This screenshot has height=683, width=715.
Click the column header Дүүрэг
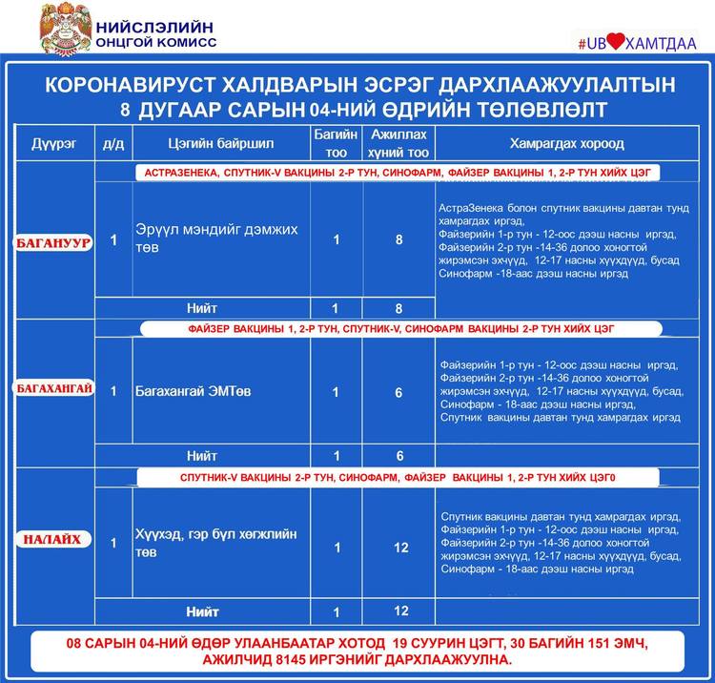pyautogui.click(x=53, y=144)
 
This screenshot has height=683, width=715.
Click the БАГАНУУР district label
pyautogui.click(x=53, y=242)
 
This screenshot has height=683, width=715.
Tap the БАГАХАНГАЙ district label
pyautogui.click(x=54, y=388)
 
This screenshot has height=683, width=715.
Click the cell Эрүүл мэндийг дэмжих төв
pyautogui.click(x=216, y=238)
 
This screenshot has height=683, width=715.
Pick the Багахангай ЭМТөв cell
pyautogui.click(x=192, y=391)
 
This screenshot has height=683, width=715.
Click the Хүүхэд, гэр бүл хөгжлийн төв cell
pyautogui.click(x=216, y=543)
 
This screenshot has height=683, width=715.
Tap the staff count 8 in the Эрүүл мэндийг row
pyautogui.click(x=398, y=240)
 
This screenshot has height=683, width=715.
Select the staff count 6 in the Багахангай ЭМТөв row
pyautogui.click(x=398, y=392)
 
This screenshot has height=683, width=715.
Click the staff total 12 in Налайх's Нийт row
pyautogui.click(x=400, y=611)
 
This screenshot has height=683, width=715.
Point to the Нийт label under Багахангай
pyautogui.click(x=202, y=456)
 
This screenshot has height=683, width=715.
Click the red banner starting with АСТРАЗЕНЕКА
pyautogui.click(x=399, y=173)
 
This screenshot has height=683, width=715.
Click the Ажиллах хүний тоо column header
pyautogui.click(x=398, y=143)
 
